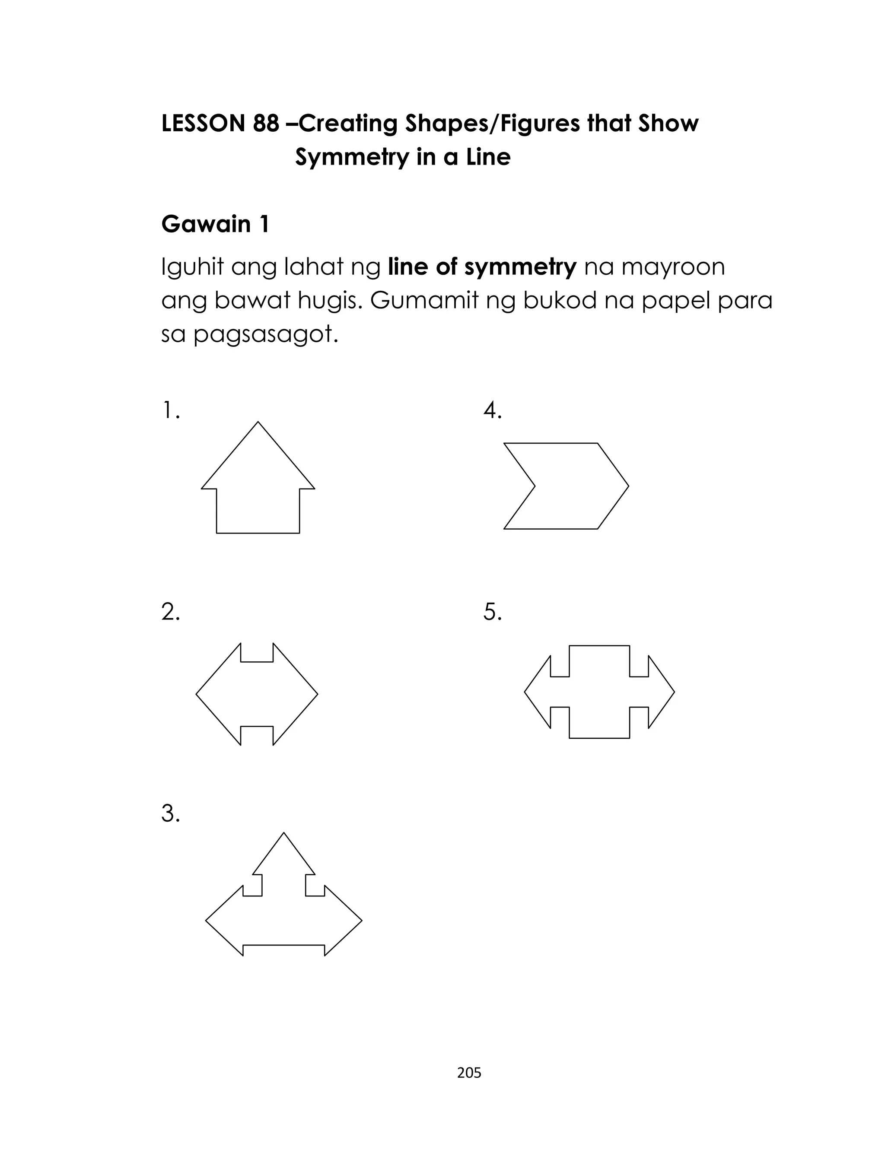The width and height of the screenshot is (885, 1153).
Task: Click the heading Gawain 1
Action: click(x=215, y=224)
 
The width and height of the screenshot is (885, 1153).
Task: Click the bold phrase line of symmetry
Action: click(x=482, y=267)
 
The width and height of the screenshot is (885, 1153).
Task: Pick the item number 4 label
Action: click(x=493, y=411)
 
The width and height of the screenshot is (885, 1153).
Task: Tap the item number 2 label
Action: click(x=170, y=612)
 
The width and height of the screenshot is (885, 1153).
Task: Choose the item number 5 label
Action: click(x=493, y=612)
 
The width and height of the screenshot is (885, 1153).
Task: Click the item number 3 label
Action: click(x=170, y=813)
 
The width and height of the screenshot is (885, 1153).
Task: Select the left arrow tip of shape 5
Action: click(x=526, y=692)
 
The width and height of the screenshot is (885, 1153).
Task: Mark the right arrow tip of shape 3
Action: click(x=361, y=921)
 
